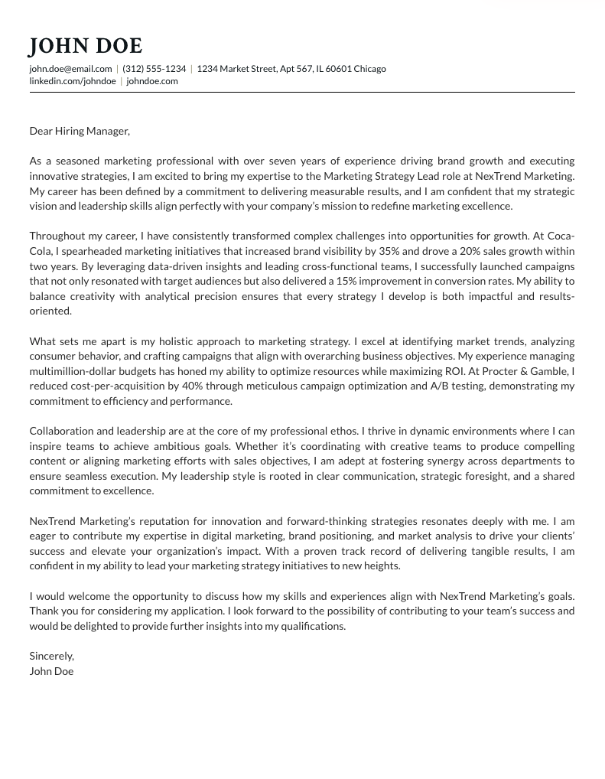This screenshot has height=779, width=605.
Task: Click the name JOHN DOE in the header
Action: (x=86, y=47)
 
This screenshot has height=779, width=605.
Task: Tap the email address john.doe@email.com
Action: (x=70, y=69)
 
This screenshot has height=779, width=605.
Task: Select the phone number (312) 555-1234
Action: (x=154, y=69)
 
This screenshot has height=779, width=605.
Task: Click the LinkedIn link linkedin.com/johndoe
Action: (x=73, y=81)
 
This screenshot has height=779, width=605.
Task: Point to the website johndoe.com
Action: (x=152, y=81)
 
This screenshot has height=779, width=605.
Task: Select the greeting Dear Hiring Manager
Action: (x=80, y=131)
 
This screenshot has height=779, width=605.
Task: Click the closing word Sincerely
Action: (x=51, y=656)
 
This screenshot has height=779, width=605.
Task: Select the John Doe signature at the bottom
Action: (x=51, y=671)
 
